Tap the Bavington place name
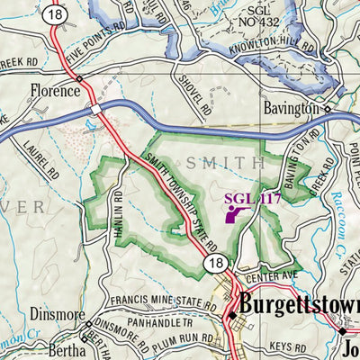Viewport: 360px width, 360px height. (292, 108)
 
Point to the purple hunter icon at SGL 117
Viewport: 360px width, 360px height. (236, 212)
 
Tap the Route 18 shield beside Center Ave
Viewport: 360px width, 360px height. (213, 263)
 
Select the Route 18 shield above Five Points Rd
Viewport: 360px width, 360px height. (58, 15)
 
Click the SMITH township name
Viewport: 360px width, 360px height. (226, 163)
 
